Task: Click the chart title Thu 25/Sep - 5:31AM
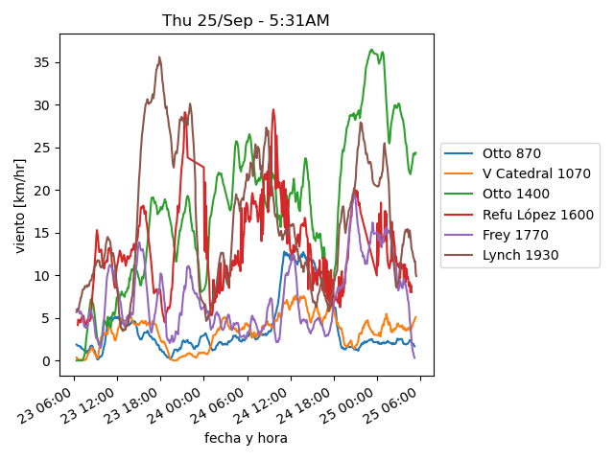tap(247, 21)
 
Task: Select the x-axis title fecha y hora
tap(246, 438)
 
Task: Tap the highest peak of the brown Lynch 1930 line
tap(159, 57)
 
